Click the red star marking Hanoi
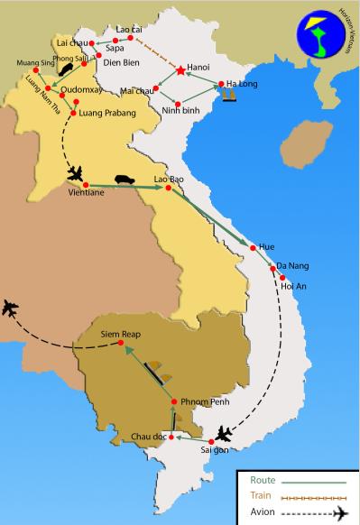tap(180, 70)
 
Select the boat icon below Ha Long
tap(228, 94)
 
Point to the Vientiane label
tap(86, 191)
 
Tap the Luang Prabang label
tap(105, 113)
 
